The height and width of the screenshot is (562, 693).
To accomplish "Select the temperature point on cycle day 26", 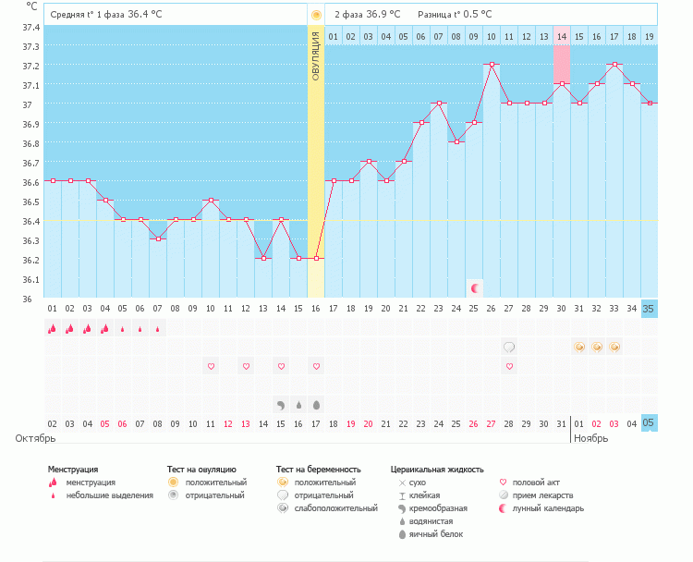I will pos(492,64).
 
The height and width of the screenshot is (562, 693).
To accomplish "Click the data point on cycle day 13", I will pos(263,258).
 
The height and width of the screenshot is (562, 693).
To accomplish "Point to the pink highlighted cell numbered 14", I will pos(562,36).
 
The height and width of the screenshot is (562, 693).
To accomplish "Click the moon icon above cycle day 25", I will pos(475,288).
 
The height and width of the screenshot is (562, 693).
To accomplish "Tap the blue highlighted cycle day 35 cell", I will pos(650,308).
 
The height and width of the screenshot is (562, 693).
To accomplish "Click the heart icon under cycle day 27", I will pos(510,366).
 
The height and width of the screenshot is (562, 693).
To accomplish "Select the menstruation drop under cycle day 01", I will pos(52,328).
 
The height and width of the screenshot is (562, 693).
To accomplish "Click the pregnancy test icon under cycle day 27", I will pos(510,347).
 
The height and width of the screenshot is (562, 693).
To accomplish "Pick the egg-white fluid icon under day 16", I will pos(316,404).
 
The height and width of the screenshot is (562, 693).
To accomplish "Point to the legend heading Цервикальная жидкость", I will pos(437,470).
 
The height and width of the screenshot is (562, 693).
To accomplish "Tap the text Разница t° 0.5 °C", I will pos(455,14).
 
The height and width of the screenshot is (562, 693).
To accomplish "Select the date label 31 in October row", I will pos(562,423).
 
